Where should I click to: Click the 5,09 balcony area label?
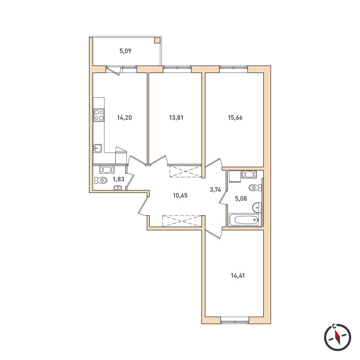[126, 51]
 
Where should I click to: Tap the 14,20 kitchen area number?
[125, 118]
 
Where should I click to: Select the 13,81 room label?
[176, 118]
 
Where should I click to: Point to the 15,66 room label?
[235, 118]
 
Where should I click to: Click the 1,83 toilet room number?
[118, 179]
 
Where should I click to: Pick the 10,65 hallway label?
[180, 195]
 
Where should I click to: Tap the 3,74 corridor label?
[216, 189]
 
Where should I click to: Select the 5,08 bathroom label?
[241, 198]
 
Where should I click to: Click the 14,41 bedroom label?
[238, 275]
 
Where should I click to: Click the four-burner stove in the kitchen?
[99, 115]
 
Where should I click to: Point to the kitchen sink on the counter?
[97, 148]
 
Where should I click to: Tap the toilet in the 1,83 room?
[101, 180]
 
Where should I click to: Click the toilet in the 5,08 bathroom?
[255, 187]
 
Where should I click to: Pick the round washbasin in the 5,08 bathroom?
[256, 207]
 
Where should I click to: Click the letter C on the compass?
[334, 326]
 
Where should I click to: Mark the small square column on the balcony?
[157, 40]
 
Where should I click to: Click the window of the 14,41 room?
[235, 320]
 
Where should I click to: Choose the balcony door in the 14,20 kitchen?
[114, 70]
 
